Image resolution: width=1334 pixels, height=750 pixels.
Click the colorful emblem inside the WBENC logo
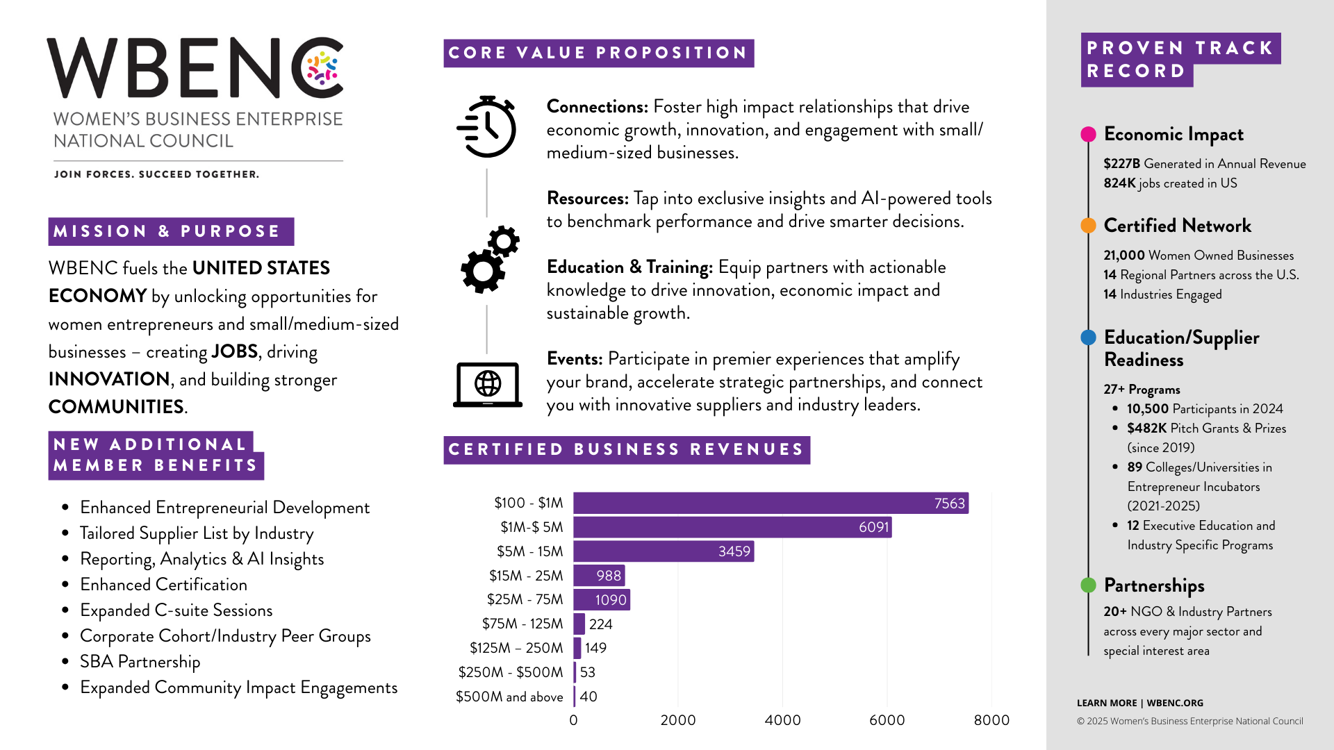pyautogui.click(x=322, y=68)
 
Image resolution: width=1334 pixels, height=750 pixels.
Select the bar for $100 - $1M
pyautogui.click(x=771, y=503)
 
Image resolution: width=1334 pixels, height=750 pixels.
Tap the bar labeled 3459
pyautogui.click(x=664, y=551)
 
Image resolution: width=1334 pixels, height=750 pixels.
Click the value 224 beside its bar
pyautogui.click(x=600, y=624)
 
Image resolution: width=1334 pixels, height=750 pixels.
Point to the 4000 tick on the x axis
pyautogui.click(x=782, y=720)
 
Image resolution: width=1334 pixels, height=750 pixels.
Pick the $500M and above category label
pyautogui.click(x=509, y=697)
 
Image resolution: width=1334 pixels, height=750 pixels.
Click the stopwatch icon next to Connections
pyautogui.click(x=487, y=127)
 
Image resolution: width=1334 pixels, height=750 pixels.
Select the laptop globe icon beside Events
pyautogui.click(x=488, y=384)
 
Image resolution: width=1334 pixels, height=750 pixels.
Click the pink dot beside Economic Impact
pyautogui.click(x=1089, y=134)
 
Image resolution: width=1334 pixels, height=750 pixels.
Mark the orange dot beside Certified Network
pyautogui.click(x=1089, y=226)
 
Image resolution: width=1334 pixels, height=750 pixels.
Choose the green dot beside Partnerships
pyautogui.click(x=1089, y=585)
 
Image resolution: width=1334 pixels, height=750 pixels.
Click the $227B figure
pyautogui.click(x=1121, y=164)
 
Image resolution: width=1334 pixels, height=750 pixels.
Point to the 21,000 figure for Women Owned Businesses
pyautogui.click(x=1123, y=256)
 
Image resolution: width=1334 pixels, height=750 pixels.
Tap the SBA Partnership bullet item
pyautogui.click(x=140, y=662)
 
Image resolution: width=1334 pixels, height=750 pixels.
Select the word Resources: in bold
pyautogui.click(x=587, y=199)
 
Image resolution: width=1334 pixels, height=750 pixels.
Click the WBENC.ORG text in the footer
pyautogui.click(x=1175, y=703)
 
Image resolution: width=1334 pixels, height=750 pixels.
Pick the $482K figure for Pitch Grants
pyautogui.click(x=1146, y=428)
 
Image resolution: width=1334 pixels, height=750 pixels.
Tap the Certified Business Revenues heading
pyautogui.click(x=626, y=450)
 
